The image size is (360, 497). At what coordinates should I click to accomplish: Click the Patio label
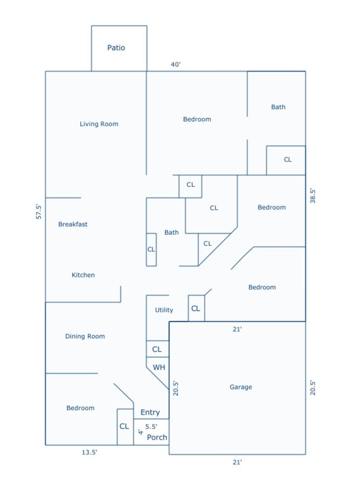pos(116,48)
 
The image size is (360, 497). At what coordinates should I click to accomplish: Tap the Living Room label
pos(99,124)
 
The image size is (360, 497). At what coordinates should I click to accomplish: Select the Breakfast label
pos(73,224)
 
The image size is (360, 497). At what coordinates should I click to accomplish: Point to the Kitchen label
pos(83,275)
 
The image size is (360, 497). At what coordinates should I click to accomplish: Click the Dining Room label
pos(85,336)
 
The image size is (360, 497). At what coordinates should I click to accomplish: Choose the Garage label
pos(241,387)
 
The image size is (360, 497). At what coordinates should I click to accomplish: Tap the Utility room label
pos(164,310)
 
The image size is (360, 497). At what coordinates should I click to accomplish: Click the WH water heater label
pos(159,367)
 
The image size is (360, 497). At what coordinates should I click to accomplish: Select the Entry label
pos(150,412)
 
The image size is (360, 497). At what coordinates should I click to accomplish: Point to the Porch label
pos(157,437)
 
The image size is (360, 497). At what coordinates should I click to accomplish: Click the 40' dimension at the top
pos(175,64)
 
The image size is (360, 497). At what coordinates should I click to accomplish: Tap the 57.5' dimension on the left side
pos(39,212)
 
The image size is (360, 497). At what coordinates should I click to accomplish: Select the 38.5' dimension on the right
pos(312,196)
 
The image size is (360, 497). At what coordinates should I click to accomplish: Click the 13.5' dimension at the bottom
pos(89,452)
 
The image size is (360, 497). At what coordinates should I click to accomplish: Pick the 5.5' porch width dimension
pos(151,426)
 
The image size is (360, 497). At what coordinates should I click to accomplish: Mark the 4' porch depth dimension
pos(140,432)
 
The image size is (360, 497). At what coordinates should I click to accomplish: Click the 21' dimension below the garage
pos(237,462)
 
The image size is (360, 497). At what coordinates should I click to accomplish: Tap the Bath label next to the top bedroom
pos(278,107)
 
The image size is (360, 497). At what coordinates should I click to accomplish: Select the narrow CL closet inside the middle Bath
pos(151,249)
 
